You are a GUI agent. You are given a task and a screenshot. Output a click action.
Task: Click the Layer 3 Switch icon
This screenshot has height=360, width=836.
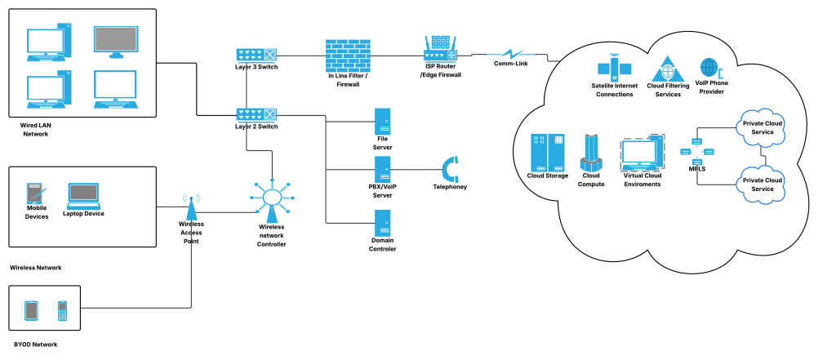tap(257, 55)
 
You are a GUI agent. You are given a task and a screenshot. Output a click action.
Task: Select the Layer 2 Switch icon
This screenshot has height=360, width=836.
tap(257, 115)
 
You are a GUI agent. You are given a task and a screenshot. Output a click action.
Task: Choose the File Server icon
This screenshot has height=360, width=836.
tap(382, 123)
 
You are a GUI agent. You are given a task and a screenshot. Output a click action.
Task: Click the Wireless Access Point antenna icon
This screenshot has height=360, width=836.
tap(191, 206)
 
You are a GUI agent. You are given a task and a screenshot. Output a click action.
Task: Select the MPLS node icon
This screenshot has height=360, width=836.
tap(696, 150)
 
